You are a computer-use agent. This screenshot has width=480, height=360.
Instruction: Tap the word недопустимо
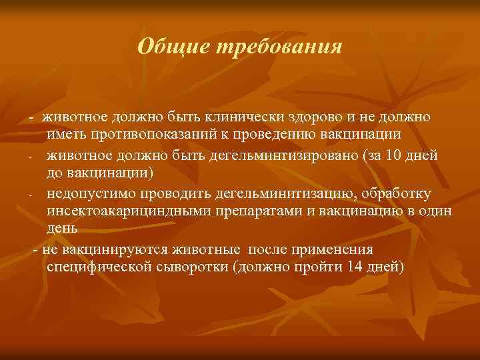(88, 193)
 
